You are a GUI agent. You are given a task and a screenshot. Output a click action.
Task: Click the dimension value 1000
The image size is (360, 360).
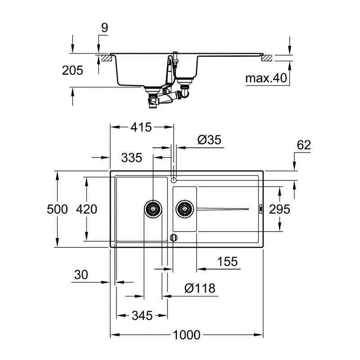pyautogui.click(x=186, y=335)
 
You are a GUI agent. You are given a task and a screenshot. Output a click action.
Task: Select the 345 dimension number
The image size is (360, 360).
pyautogui.click(x=142, y=315)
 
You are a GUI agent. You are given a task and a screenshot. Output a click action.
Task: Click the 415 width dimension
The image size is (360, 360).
pyautogui.click(x=141, y=127)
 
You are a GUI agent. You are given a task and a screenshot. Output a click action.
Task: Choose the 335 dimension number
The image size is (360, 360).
pyautogui.click(x=131, y=157)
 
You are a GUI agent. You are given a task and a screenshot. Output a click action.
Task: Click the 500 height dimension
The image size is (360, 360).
pyautogui.click(x=57, y=209)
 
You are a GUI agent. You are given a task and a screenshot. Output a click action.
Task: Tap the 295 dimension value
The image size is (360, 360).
pyautogui.click(x=279, y=209)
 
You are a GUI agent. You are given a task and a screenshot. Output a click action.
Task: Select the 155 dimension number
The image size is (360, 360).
pyautogui.click(x=227, y=262)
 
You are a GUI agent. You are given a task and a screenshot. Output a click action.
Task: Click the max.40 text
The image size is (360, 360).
pyautogui.click(x=266, y=79)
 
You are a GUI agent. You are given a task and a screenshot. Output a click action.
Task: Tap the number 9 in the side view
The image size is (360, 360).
pyautogui.click(x=104, y=28)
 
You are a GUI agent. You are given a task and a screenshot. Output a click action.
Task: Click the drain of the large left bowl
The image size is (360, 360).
pyautogui.click(x=152, y=208)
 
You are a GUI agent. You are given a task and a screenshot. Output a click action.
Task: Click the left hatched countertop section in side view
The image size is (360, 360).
pyautogui.click(x=106, y=58)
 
